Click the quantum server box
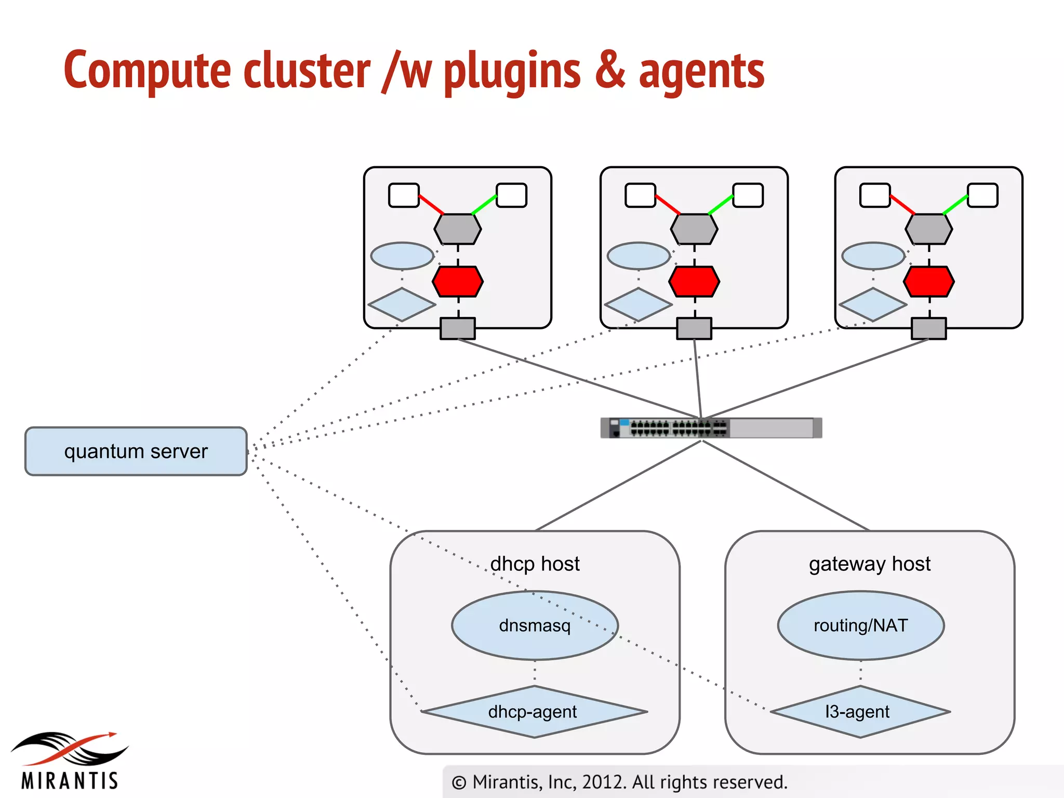136,451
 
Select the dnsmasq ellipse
535,625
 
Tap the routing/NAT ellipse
860,625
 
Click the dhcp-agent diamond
534,711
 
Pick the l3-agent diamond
860,711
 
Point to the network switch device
711,428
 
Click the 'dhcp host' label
535,564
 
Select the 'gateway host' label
869,564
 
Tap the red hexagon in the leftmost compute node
458,282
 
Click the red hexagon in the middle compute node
694,282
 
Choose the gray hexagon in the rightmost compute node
928,229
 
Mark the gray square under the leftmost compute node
457,328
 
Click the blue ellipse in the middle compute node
639,256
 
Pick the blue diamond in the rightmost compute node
873,305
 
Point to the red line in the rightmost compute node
902,205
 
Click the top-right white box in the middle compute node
748,195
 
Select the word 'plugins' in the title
512,72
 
